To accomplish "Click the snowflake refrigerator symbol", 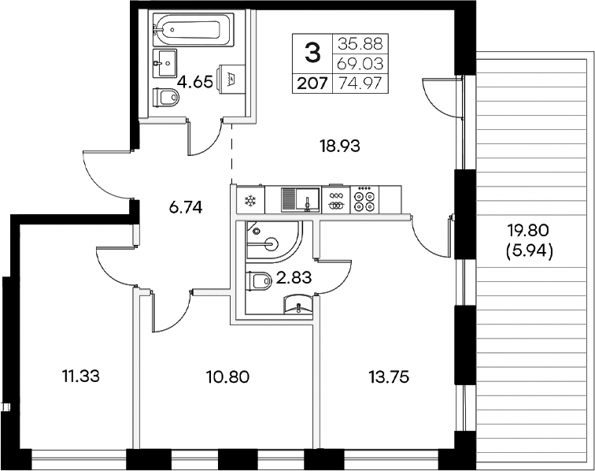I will pos(251,201).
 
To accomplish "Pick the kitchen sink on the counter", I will pos(300,200).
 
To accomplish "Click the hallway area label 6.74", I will pos(187,208).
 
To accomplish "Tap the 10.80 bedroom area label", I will pos(227,376).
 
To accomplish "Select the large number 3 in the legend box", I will pos(312,53).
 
